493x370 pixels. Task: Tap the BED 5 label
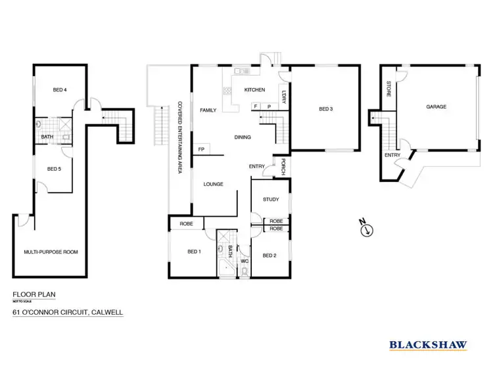(x=54, y=169)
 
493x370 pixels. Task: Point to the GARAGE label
(x=436, y=106)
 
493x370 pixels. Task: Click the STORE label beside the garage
(x=388, y=89)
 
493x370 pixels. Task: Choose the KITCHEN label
(x=254, y=89)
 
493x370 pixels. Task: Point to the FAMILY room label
(x=208, y=110)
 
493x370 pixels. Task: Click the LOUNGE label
(x=214, y=185)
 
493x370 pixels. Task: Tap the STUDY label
(x=271, y=199)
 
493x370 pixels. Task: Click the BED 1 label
(x=194, y=252)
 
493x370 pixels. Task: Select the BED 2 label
(x=270, y=255)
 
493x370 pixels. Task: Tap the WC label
(x=244, y=262)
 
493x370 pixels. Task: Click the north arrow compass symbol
(x=365, y=229)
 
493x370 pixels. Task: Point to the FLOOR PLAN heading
(x=32, y=295)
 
